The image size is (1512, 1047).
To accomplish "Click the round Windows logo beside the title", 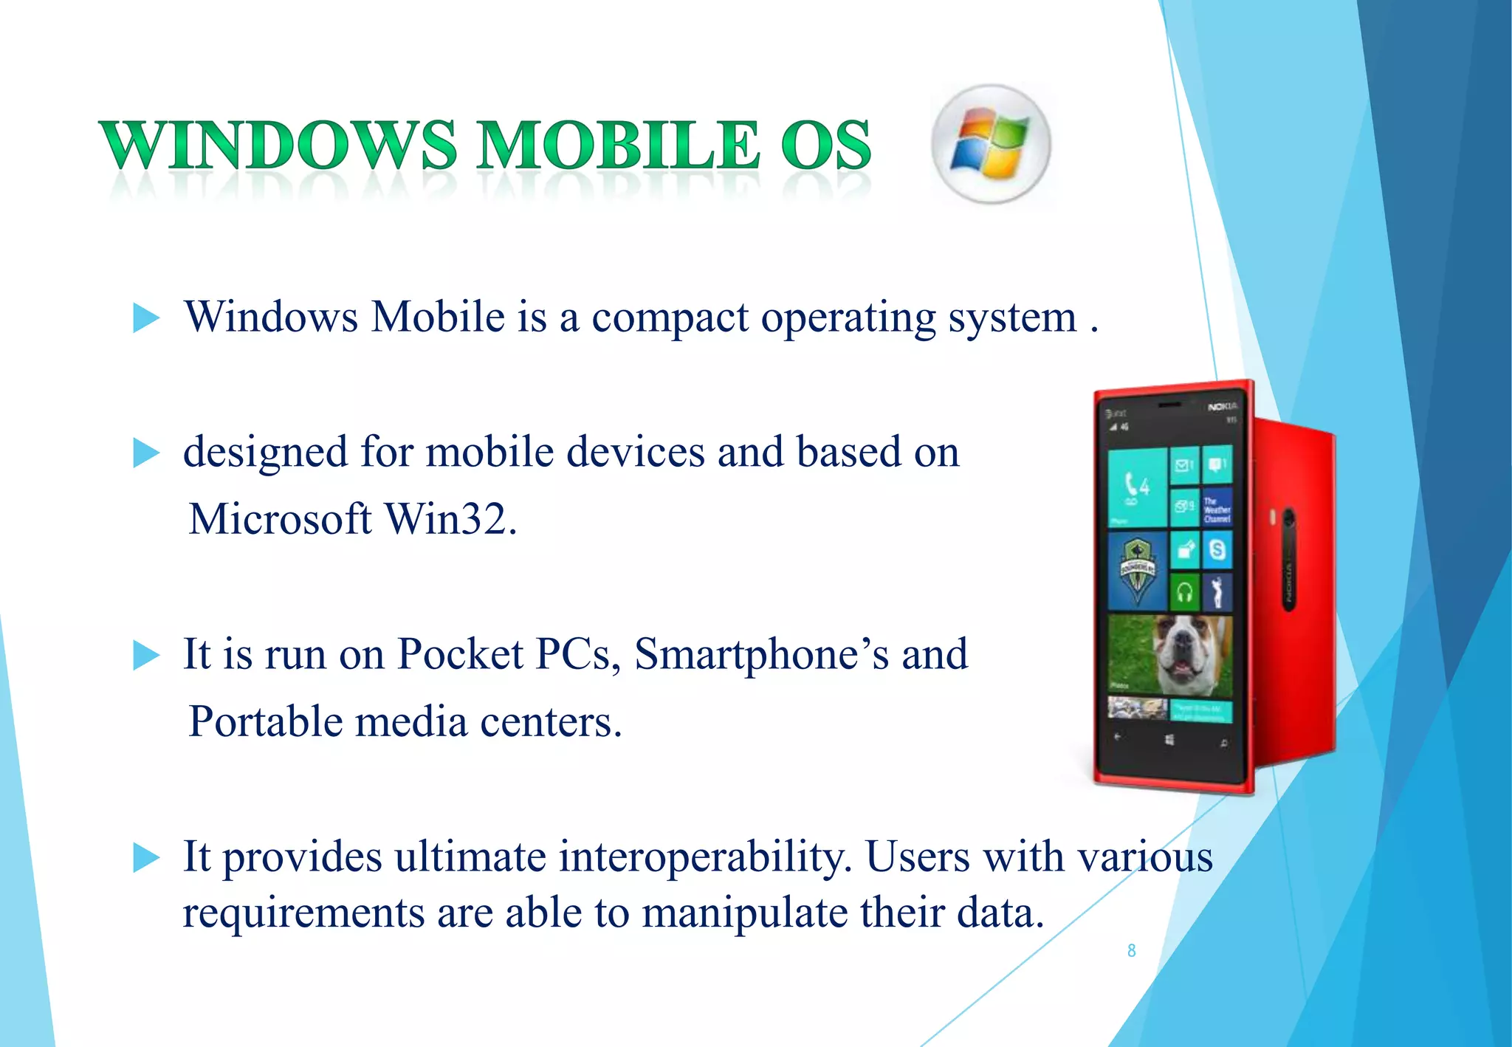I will pyautogui.click(x=991, y=144).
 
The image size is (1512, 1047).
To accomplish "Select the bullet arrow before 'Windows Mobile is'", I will pyautogui.click(x=145, y=318).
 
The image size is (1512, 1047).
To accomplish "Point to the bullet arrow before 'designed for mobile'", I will pyautogui.click(x=145, y=453).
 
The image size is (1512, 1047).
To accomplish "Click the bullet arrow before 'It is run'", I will pyautogui.click(x=145, y=655).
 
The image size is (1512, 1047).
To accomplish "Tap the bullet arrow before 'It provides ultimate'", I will pyautogui.click(x=145, y=858).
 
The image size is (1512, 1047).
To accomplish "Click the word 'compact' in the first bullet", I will pyautogui.click(x=670, y=318).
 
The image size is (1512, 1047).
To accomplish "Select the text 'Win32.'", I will pyautogui.click(x=450, y=518).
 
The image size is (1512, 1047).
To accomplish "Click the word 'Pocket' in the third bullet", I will pyautogui.click(x=460, y=654).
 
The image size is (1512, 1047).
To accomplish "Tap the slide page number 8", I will pyautogui.click(x=1131, y=951).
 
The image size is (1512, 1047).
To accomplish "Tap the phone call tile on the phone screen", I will pyautogui.click(x=1136, y=487).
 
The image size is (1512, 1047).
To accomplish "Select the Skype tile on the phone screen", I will pyautogui.click(x=1217, y=550).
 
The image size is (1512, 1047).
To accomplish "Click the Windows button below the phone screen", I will pyautogui.click(x=1169, y=739).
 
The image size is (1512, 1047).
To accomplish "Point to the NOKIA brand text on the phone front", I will pyautogui.click(x=1222, y=407).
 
